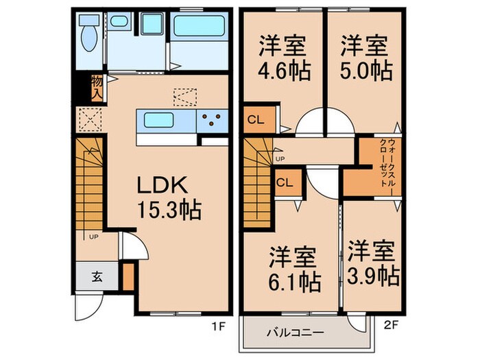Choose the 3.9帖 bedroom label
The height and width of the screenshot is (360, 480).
[371, 264]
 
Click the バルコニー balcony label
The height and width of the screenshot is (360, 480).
[293, 333]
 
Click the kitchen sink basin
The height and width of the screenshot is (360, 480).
[160, 121]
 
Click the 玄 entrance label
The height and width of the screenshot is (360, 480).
[97, 277]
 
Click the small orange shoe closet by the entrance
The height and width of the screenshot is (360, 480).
[127, 274]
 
